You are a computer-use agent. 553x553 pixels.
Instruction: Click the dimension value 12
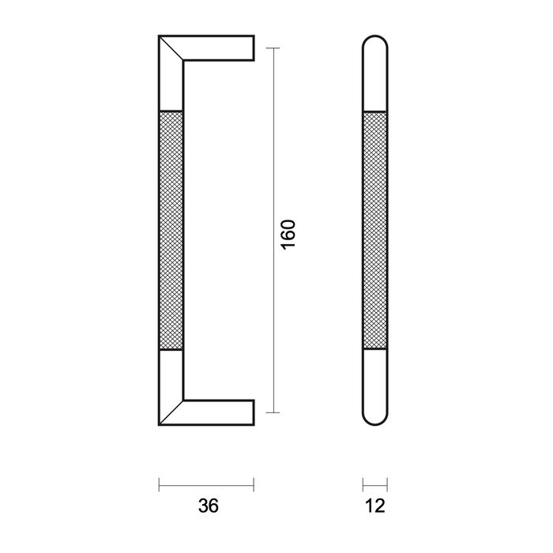point(375,505)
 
